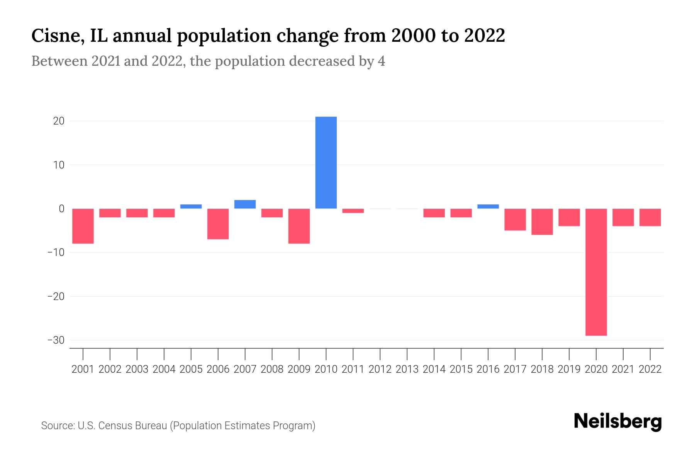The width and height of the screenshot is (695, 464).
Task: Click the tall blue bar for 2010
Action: (x=326, y=162)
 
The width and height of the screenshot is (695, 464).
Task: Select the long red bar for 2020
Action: (x=596, y=272)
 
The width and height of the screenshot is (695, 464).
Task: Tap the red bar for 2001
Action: (x=83, y=226)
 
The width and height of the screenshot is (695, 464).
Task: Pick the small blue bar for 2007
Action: (x=245, y=204)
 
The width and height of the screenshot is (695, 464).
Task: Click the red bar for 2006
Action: (x=218, y=224)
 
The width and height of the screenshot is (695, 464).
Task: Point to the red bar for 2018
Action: (x=542, y=222)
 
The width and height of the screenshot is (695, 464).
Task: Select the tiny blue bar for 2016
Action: (x=488, y=206)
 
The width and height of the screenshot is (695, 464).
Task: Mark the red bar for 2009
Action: (x=299, y=226)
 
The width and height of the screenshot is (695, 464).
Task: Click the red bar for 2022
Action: (x=650, y=217)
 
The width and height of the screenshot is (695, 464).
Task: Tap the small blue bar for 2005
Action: (x=191, y=206)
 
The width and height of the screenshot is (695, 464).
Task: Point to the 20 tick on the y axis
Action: (x=59, y=121)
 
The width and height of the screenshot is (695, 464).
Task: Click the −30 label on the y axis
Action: (x=56, y=340)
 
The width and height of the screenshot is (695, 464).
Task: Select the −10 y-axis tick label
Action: (x=56, y=252)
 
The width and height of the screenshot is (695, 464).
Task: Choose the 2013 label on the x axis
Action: (x=407, y=369)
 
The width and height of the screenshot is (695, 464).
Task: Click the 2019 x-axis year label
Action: (x=569, y=369)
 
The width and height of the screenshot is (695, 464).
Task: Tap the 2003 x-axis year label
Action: (x=137, y=369)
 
